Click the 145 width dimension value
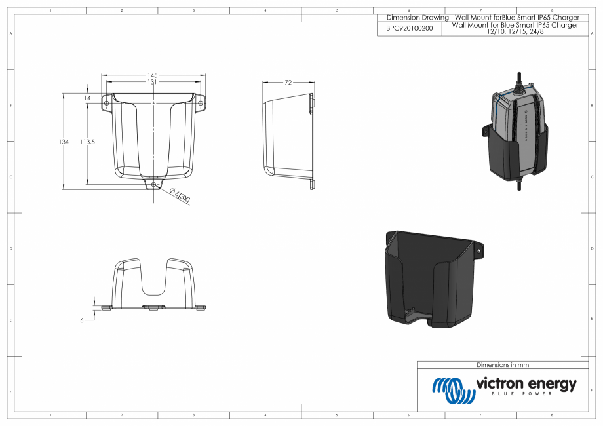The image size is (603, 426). pos(153,75)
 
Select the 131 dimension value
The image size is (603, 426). pos(153,82)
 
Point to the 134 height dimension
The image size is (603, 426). pos(64,141)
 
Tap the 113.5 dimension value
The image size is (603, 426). pos(87,141)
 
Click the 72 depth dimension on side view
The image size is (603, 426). pos(287,83)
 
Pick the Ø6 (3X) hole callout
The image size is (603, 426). pos(180,196)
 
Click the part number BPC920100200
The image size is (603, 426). pos(410,29)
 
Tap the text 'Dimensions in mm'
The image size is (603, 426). pos(503,365)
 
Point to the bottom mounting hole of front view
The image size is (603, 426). pos(153,185)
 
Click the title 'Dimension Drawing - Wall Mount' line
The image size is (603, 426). pos(483,17)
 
